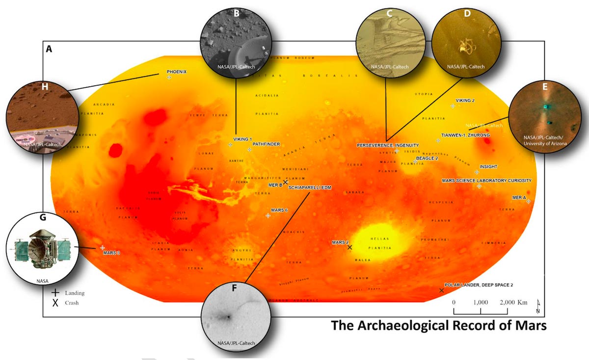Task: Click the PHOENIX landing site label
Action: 177,72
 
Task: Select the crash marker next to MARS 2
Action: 349,248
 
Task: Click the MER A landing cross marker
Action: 529,201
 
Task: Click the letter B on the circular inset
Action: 237,13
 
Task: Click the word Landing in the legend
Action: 75,293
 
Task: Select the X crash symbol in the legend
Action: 55,303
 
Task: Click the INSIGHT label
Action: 488,167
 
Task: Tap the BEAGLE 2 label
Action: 427,158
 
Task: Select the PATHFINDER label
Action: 266,144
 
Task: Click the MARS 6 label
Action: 279,210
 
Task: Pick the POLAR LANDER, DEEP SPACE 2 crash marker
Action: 442,291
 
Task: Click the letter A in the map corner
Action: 49,49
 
